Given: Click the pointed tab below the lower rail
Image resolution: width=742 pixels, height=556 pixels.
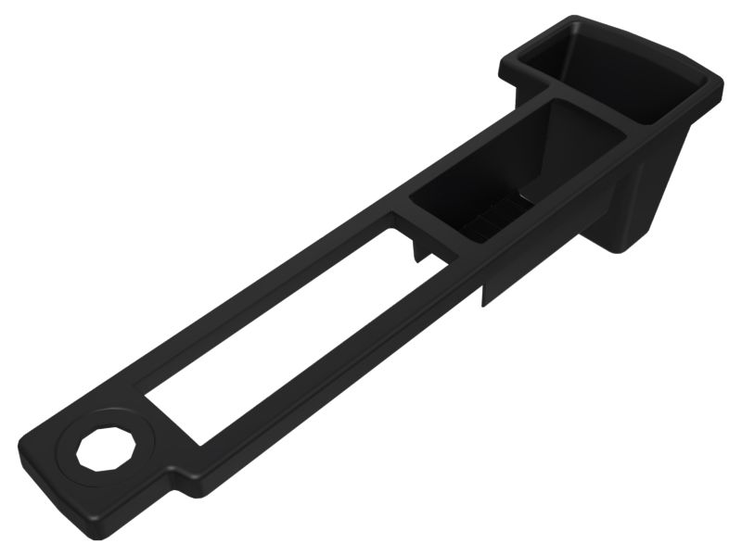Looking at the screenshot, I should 483,295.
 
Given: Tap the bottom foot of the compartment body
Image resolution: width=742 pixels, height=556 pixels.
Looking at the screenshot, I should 631,243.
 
